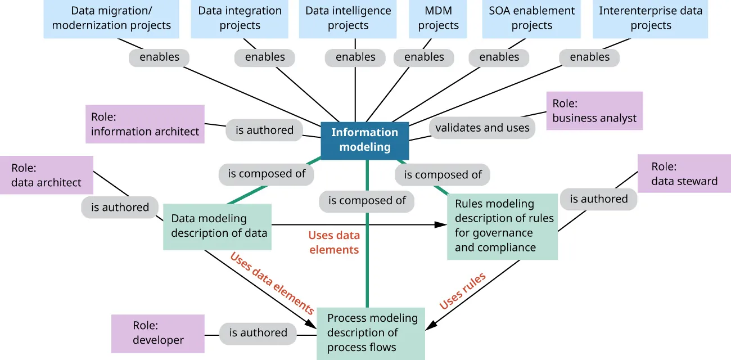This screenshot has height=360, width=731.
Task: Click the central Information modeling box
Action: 364,140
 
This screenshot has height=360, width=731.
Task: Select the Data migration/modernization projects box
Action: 111,19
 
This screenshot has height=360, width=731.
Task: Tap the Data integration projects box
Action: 240,19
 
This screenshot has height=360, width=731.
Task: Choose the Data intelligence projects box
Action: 348,19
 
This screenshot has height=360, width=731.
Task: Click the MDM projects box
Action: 438,19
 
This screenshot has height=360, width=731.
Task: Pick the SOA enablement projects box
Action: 531,19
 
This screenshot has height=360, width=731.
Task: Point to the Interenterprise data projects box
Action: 650,19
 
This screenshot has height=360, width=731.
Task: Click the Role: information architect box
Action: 145,124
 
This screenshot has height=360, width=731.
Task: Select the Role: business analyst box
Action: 594,111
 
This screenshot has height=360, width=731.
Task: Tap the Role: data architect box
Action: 46,175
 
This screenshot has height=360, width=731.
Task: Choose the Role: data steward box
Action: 684,174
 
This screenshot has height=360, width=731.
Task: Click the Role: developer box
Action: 157,333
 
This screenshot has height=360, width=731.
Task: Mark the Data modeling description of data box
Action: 218,227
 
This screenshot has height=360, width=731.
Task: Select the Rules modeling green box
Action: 502,226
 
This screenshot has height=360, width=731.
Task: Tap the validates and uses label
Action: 482,128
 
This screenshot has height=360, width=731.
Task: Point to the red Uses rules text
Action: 462,291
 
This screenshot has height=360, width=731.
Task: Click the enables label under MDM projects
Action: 424,57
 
